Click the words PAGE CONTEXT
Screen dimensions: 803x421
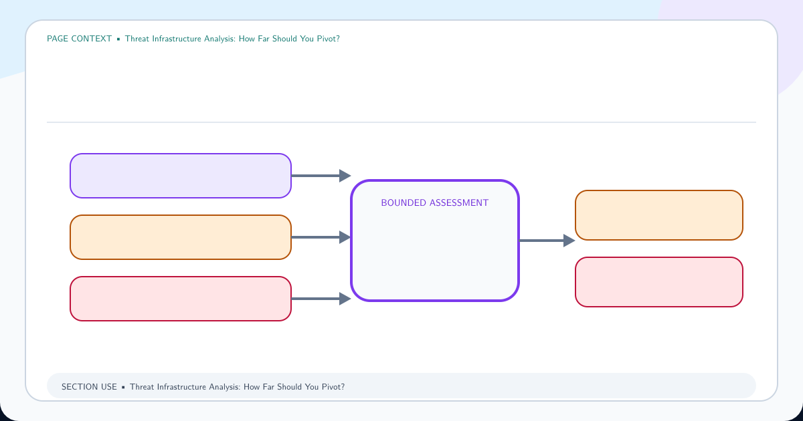point(79,39)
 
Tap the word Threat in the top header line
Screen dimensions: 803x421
point(137,39)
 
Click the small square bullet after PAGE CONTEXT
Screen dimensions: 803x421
point(118,39)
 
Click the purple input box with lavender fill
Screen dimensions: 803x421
point(180,176)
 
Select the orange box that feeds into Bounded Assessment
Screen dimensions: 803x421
point(180,237)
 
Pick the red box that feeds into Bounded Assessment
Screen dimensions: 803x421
point(180,299)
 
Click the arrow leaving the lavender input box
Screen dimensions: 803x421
point(321,176)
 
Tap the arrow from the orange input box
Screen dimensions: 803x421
point(321,237)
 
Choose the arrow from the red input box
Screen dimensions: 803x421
point(321,299)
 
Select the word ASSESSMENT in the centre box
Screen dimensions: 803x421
point(459,203)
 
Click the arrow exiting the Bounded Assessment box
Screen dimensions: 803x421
point(547,241)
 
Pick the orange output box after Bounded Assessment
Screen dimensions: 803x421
point(659,215)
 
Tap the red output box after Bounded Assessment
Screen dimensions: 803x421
point(659,282)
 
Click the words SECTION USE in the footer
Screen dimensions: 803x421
point(89,387)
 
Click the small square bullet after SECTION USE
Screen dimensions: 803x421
point(123,388)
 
